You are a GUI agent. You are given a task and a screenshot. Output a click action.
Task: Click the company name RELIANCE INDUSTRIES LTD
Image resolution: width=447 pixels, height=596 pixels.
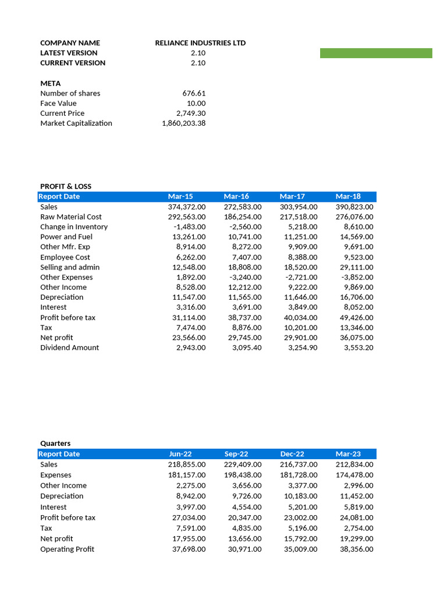pyautogui.click(x=200, y=43)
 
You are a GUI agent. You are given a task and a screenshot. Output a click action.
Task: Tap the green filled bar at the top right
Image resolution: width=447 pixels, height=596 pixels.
pyautogui.click(x=376, y=54)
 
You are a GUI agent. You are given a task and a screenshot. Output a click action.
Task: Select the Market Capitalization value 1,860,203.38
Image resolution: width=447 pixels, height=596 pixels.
pyautogui.click(x=183, y=123)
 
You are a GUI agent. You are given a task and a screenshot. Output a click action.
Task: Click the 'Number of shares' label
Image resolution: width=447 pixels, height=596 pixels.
pyautogui.click(x=70, y=93)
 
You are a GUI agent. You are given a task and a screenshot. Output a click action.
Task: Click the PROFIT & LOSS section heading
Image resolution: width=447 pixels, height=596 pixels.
pyautogui.click(x=66, y=186)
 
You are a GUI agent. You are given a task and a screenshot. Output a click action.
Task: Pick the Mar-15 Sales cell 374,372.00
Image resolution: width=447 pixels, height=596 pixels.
pyautogui.click(x=187, y=207)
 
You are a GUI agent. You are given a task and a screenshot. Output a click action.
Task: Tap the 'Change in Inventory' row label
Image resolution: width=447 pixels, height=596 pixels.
pyautogui.click(x=74, y=227)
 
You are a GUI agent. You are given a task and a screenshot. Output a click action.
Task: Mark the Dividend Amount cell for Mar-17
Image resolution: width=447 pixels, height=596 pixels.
pyautogui.click(x=301, y=347)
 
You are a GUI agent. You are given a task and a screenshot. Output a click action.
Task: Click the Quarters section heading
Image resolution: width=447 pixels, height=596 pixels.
pyautogui.click(x=55, y=444)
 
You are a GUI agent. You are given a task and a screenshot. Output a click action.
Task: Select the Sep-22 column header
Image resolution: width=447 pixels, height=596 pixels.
pyautogui.click(x=236, y=454)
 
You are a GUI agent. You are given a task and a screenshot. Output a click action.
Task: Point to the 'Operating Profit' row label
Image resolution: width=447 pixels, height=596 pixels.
pyautogui.click(x=67, y=549)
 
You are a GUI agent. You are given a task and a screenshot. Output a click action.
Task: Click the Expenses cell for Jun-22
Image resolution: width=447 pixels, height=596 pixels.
pyautogui.click(x=187, y=475)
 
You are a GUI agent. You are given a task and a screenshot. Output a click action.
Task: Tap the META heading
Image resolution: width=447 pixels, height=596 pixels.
pyautogui.click(x=50, y=83)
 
